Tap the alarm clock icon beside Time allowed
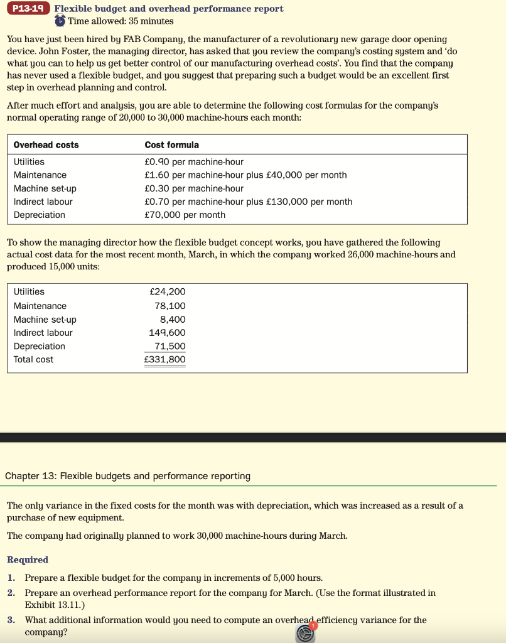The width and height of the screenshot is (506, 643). [x=60, y=21]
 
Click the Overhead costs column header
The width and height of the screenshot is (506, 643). [x=46, y=145]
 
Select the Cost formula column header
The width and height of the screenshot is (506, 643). [x=171, y=145]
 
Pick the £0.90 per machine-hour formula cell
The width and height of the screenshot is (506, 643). [x=194, y=162]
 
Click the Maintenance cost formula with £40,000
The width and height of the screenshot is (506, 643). [x=245, y=175]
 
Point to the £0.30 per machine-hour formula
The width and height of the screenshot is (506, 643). [x=194, y=188]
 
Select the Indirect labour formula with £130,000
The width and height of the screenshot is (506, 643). [x=248, y=202]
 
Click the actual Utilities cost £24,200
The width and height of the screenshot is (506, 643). [x=168, y=292]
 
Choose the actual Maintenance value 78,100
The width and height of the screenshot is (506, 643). [x=170, y=306]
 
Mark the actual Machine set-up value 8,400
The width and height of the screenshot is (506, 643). [x=173, y=320]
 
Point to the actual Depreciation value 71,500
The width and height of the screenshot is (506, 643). [x=170, y=347]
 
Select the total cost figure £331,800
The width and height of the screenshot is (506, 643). [x=165, y=360]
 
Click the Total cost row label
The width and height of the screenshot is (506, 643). [x=33, y=360]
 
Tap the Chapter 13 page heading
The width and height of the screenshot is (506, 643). [x=127, y=476]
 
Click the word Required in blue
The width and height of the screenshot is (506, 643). [x=27, y=559]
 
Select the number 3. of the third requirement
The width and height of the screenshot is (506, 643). [x=11, y=620]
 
